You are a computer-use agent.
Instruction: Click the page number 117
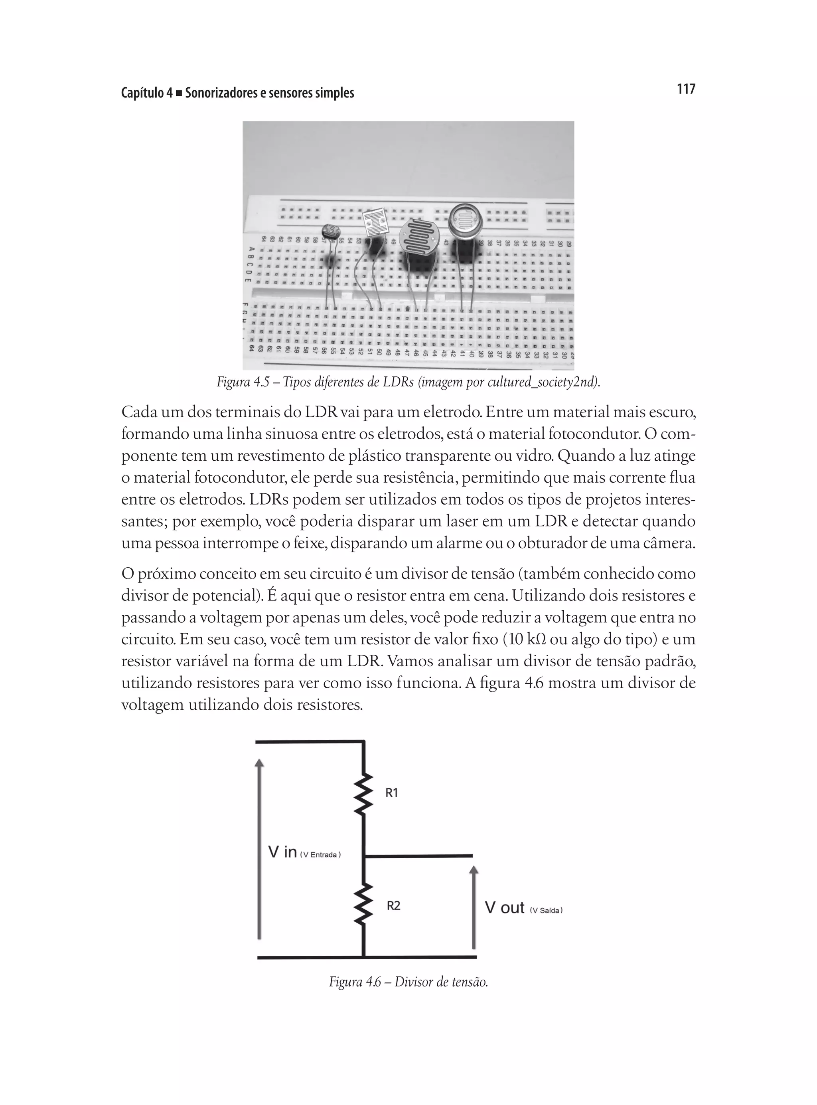(685, 89)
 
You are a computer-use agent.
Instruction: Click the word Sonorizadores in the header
(221, 93)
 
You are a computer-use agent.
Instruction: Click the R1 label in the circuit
(392, 793)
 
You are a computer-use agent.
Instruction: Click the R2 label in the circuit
(393, 905)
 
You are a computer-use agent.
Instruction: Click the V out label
(505, 907)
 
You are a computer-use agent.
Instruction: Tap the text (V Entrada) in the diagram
(320, 855)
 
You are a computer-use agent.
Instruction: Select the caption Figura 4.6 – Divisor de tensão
(408, 981)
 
